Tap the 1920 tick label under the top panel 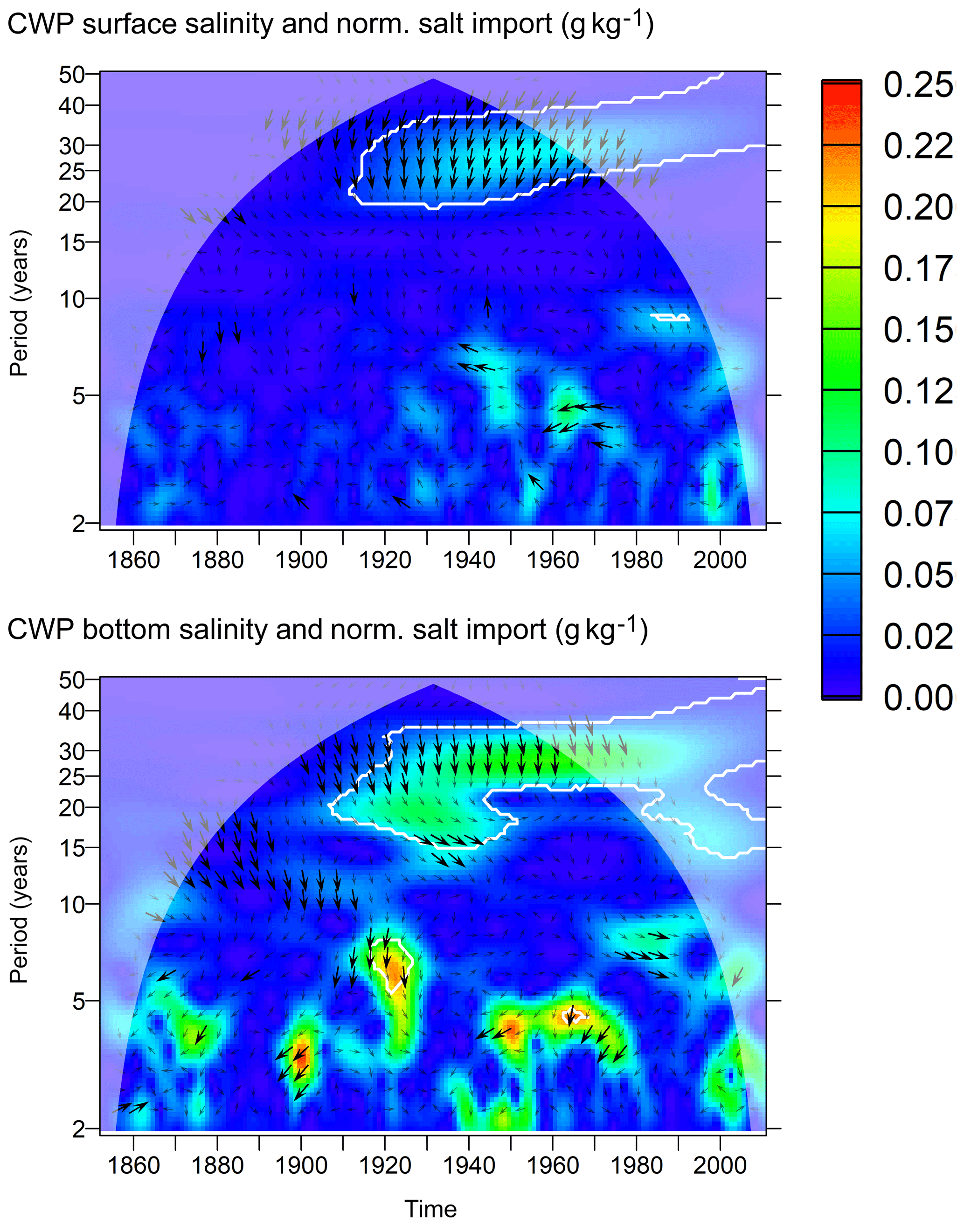pos(385,560)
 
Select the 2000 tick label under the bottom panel pos(720,1166)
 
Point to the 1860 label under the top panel pos(134,560)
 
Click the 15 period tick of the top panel pos(72,242)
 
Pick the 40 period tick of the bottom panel pos(72,711)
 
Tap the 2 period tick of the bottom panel pos(78,1129)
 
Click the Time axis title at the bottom pos(430,1210)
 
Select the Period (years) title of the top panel pos(19,303)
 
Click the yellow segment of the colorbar pos(841,231)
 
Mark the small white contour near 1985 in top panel pos(670,317)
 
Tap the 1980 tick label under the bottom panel pos(637,1166)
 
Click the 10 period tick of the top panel pos(72,299)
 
